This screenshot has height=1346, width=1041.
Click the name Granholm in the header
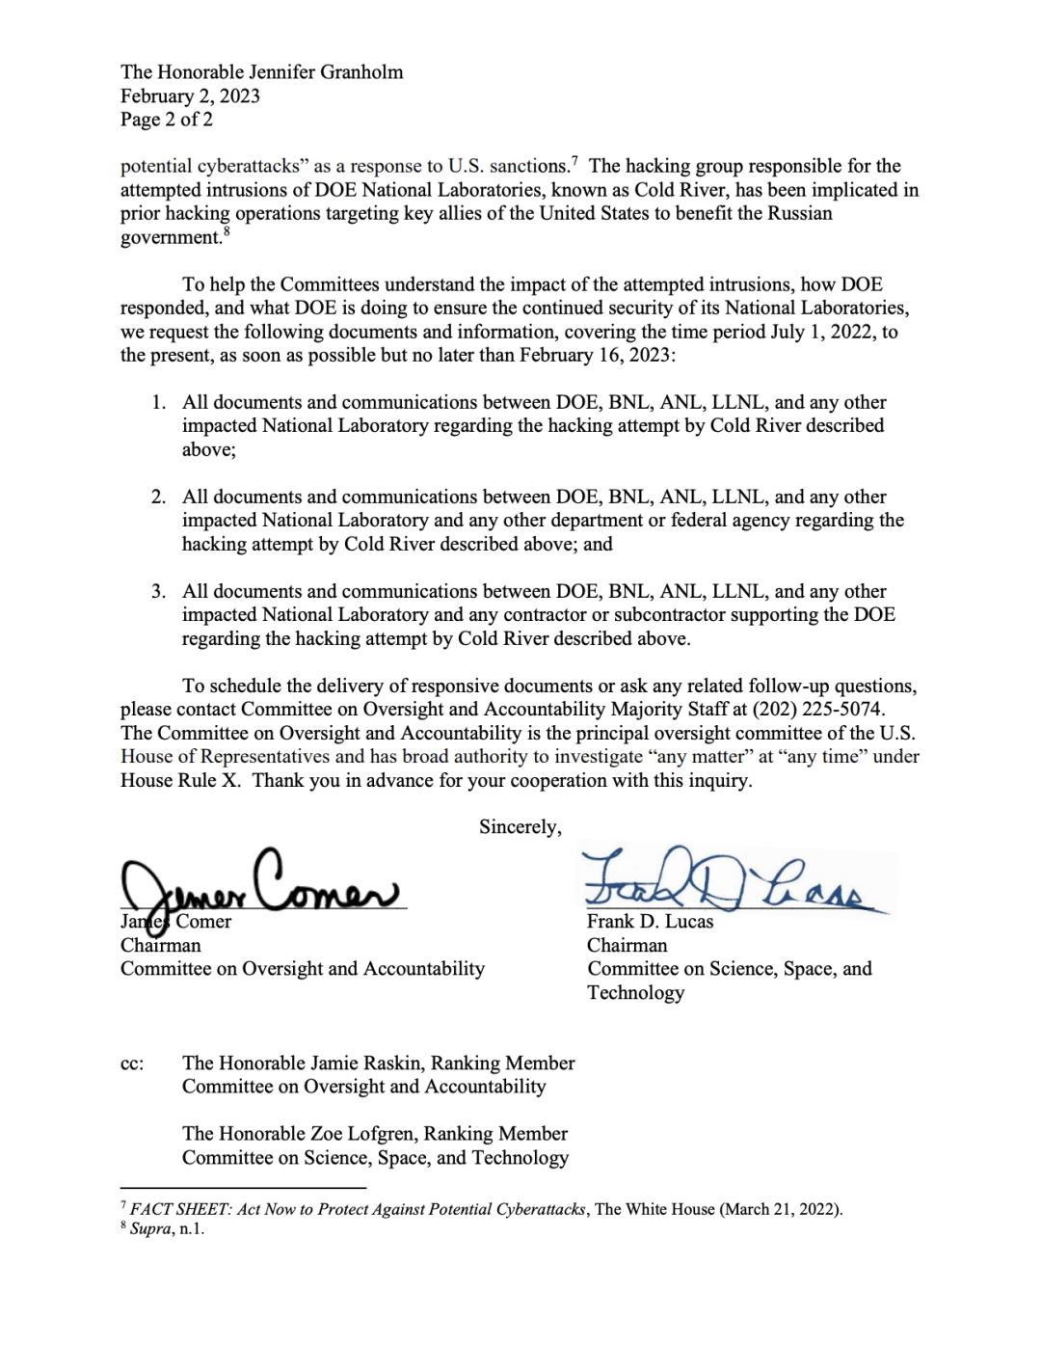(x=360, y=72)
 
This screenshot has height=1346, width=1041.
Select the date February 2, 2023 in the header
(x=190, y=96)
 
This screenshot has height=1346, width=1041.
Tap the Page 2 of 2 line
(x=167, y=120)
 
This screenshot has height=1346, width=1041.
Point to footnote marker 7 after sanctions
(x=574, y=160)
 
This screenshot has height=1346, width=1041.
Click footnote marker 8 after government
(x=227, y=231)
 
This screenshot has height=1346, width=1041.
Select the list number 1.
(x=158, y=402)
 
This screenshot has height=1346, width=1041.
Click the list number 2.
(x=158, y=497)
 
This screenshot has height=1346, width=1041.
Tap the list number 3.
(x=158, y=591)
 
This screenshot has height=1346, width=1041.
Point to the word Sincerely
(x=519, y=827)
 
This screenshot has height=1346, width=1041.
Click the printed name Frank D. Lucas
(x=651, y=922)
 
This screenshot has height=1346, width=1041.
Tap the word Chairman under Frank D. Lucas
(x=627, y=946)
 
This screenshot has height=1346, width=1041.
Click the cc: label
(x=132, y=1063)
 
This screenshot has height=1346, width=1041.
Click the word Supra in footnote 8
(x=150, y=1229)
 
